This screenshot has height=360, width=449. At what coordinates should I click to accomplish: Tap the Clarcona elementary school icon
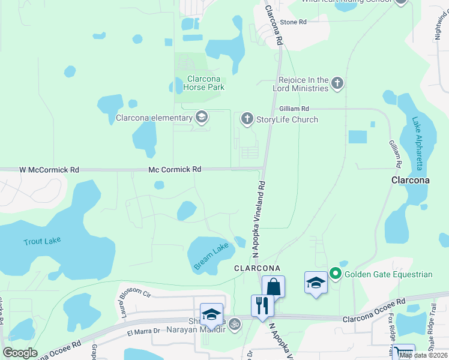click(x=202, y=118)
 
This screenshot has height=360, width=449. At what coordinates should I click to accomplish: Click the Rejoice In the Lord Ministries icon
click(x=337, y=83)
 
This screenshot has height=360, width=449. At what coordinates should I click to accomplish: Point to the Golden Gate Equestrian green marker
click(x=335, y=275)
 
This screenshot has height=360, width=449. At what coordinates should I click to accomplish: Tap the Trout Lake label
click(x=42, y=241)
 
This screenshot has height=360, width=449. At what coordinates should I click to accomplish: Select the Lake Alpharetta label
click(x=417, y=142)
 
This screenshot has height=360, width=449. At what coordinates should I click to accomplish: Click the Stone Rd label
click(x=294, y=22)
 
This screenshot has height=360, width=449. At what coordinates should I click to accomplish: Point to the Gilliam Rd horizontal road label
click(x=294, y=109)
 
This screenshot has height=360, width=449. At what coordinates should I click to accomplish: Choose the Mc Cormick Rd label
click(x=175, y=170)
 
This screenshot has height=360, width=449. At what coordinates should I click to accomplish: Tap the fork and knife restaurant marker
click(x=262, y=305)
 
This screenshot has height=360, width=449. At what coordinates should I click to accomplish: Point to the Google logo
click(x=20, y=353)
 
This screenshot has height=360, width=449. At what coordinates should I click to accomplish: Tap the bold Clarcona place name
click(x=410, y=180)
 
